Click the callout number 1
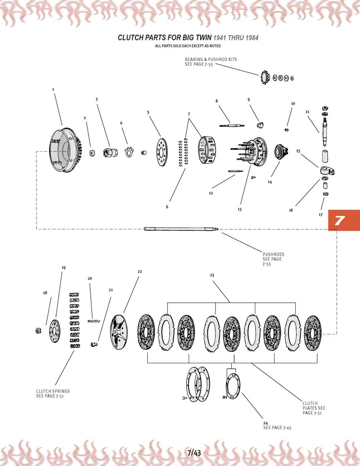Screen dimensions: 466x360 tap(53, 89)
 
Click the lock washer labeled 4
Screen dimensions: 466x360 tap(128, 152)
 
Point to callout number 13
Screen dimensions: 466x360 tap(239, 209)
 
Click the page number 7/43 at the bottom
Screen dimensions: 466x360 tap(194, 453)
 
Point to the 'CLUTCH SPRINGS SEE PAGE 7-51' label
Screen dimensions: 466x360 tap(53, 394)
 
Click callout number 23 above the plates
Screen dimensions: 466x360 tap(212, 275)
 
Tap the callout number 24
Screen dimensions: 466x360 tap(265, 423)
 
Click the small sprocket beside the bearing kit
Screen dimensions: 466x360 tap(264, 77)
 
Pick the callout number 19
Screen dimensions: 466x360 tap(63, 268)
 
